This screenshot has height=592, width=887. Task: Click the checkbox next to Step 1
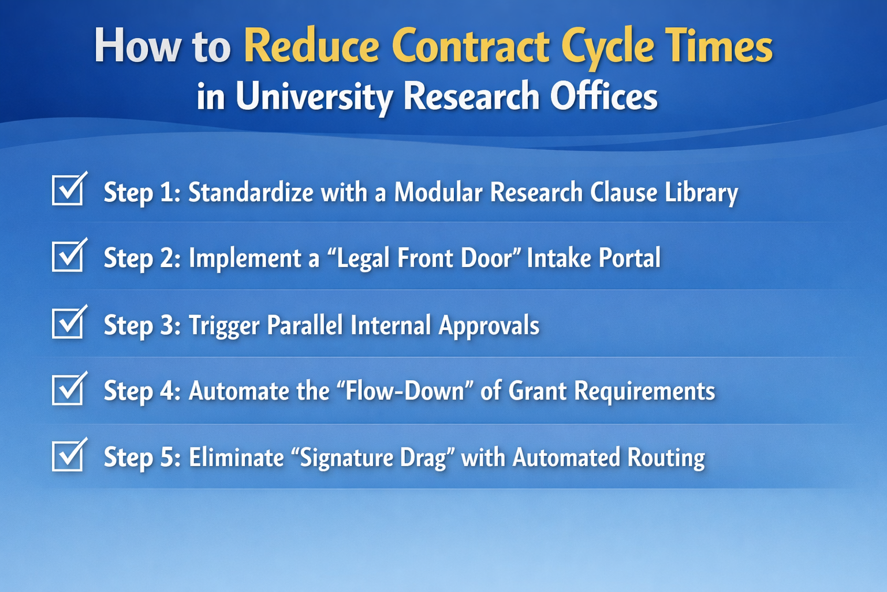68,190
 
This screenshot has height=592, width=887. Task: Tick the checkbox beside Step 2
68,257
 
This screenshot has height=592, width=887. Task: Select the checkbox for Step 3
68,324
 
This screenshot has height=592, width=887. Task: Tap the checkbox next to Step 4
68,390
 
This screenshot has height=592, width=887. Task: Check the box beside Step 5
68,457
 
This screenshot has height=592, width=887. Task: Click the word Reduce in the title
312,46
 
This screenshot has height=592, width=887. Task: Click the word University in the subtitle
314,96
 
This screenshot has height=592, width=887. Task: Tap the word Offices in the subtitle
603,96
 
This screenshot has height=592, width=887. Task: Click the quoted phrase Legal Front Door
425,258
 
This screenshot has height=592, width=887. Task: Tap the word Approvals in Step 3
489,325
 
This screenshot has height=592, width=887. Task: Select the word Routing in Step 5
666,458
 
